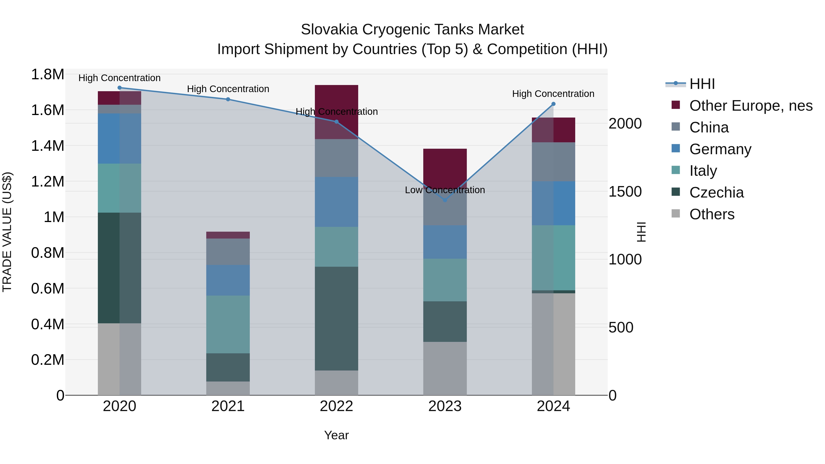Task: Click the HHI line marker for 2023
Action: coord(445,200)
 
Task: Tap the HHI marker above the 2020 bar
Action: coord(119,88)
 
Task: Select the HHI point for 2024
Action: coord(553,104)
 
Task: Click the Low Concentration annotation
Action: coord(445,190)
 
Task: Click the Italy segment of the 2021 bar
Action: coord(228,324)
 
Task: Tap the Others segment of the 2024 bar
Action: coord(553,344)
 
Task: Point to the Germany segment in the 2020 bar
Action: coord(119,139)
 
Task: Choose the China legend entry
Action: coord(709,127)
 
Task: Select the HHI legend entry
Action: coord(702,84)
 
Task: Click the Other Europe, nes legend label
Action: coord(751,106)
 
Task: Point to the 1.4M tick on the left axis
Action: coord(47,146)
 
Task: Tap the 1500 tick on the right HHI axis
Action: coord(625,192)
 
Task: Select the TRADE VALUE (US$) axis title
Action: coord(7,232)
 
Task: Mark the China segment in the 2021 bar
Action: coord(228,252)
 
